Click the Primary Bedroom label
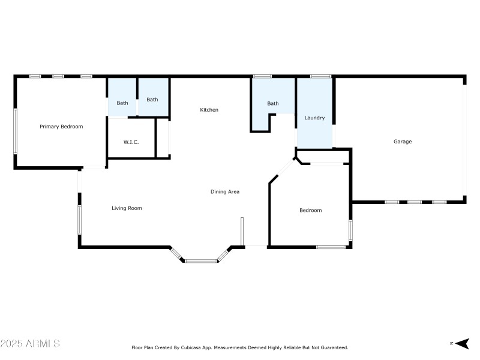tap(61, 127)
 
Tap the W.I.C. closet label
tap(131, 142)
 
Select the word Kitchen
tap(209, 110)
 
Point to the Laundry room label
tap(314, 118)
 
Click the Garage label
tap(403, 142)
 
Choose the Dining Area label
tap(225, 192)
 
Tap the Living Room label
tap(127, 208)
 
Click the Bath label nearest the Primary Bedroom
tap(122, 103)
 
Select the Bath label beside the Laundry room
tap(273, 104)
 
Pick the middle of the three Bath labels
tap(152, 100)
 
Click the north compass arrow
tap(461, 343)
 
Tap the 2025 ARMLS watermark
tap(30, 344)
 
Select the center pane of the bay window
tap(201, 261)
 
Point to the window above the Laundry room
tap(320, 76)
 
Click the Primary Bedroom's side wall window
tap(15, 130)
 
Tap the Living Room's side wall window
tap(79, 220)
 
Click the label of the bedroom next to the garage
tap(311, 211)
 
